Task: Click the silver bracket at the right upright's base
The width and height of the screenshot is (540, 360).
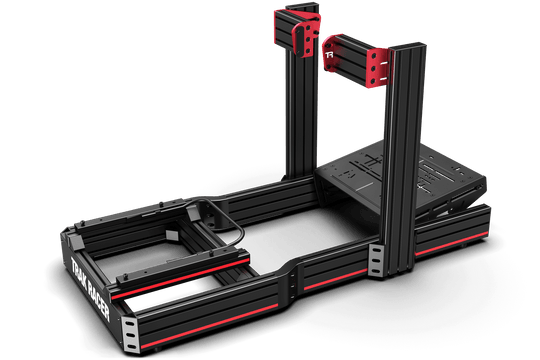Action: pos(376,262)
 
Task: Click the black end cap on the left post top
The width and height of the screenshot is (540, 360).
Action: pos(284,13)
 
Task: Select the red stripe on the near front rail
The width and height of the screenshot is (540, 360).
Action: pos(210,299)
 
